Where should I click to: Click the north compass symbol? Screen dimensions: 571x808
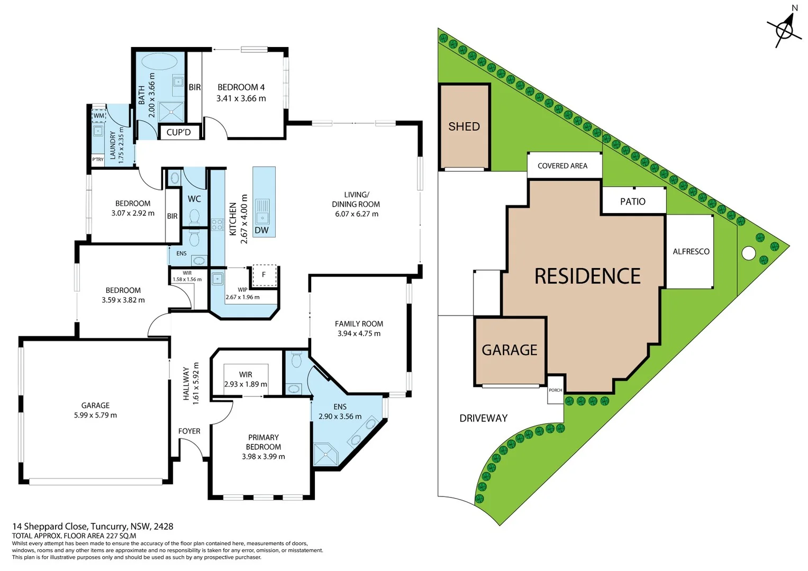(784, 30)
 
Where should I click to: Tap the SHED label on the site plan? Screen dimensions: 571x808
(464, 126)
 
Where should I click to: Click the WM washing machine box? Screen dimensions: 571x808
(99, 116)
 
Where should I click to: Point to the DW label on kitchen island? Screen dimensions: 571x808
(261, 231)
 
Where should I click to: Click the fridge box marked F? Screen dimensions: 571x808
(264, 275)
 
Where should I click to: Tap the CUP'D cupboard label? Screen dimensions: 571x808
(178, 132)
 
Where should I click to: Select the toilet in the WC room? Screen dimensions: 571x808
(194, 217)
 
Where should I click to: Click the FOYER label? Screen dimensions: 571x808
(189, 431)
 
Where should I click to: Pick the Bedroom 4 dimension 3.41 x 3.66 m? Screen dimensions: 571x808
(241, 98)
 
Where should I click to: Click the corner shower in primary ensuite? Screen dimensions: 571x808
(325, 455)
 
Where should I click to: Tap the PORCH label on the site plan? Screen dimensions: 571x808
(555, 390)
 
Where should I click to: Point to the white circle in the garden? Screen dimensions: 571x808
(748, 253)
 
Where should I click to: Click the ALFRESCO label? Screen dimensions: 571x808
(691, 252)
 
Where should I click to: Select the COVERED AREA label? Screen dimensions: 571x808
(562, 166)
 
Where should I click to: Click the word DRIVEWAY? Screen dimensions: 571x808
(483, 418)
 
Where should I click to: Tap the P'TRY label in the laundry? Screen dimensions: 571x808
(98, 159)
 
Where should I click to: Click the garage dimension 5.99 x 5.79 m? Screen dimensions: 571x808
(95, 415)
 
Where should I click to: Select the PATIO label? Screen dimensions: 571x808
(632, 201)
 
